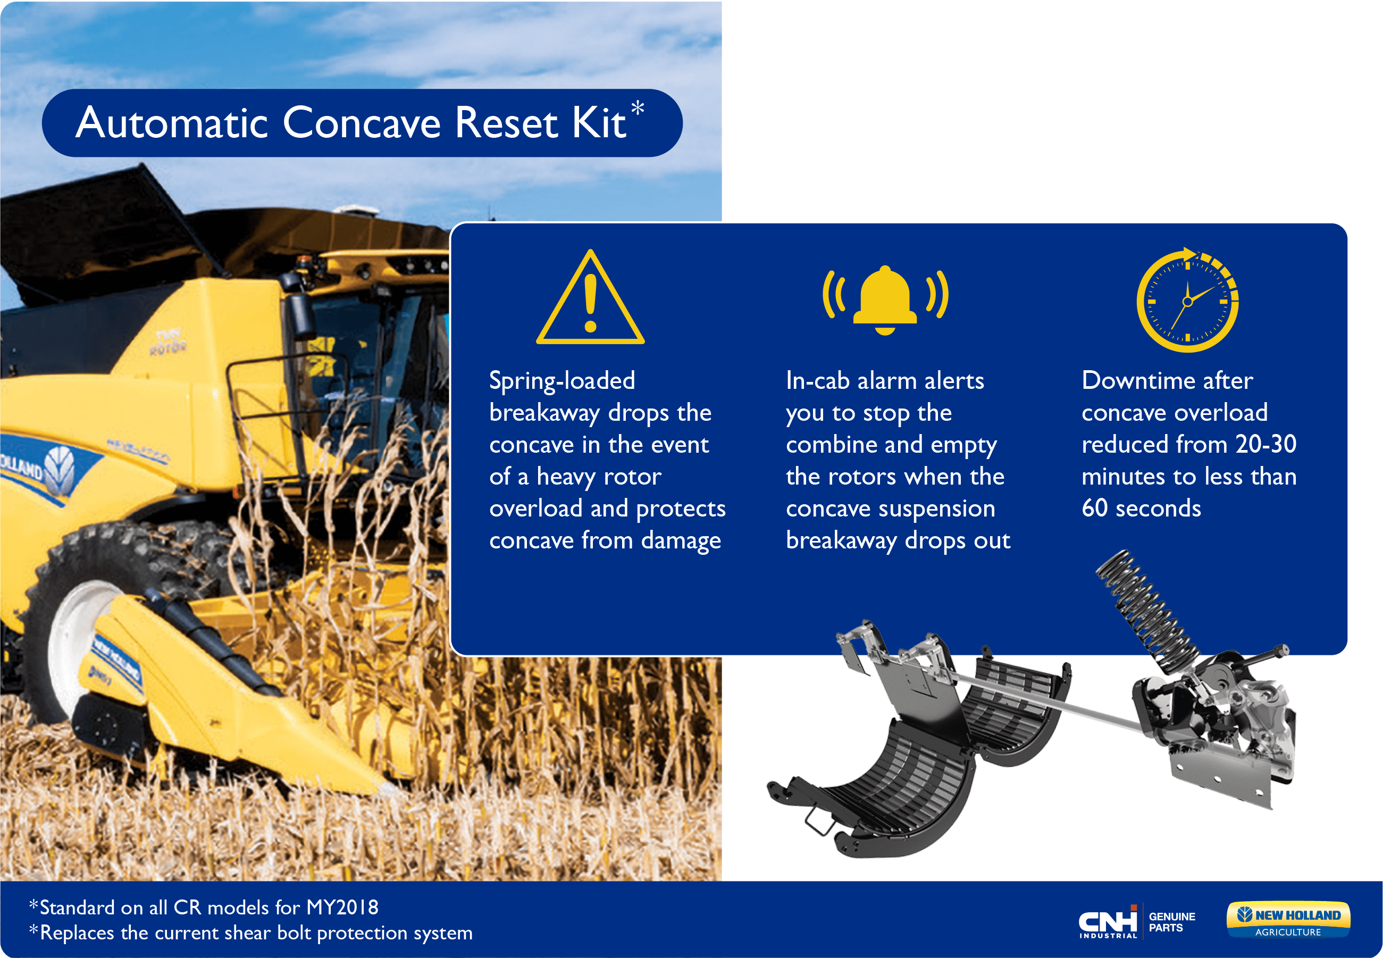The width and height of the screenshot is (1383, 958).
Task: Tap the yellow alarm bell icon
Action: click(x=885, y=300)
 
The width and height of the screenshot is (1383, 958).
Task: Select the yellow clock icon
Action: click(x=1187, y=299)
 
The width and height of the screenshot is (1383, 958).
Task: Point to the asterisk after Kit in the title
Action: click(x=637, y=109)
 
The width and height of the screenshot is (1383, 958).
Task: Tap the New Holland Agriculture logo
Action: click(x=1288, y=920)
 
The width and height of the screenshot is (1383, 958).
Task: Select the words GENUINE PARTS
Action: click(x=1172, y=922)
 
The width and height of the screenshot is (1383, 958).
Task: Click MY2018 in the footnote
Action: click(x=342, y=907)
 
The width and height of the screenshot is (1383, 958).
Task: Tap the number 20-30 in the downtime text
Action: click(x=1266, y=444)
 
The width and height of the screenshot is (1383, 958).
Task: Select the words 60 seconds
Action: click(x=1141, y=509)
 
